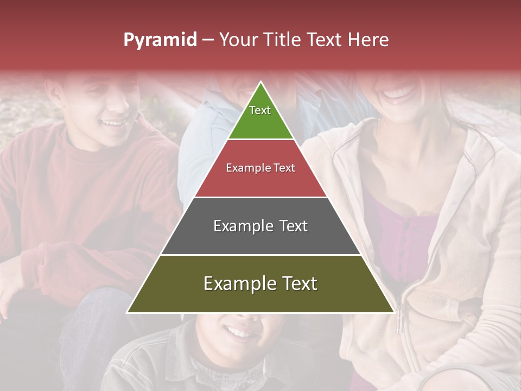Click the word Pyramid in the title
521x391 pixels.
(x=160, y=40)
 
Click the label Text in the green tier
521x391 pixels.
(x=259, y=110)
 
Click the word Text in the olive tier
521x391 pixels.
(x=296, y=283)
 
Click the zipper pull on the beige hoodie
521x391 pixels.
(x=399, y=320)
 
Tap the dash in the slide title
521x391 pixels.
(x=208, y=40)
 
